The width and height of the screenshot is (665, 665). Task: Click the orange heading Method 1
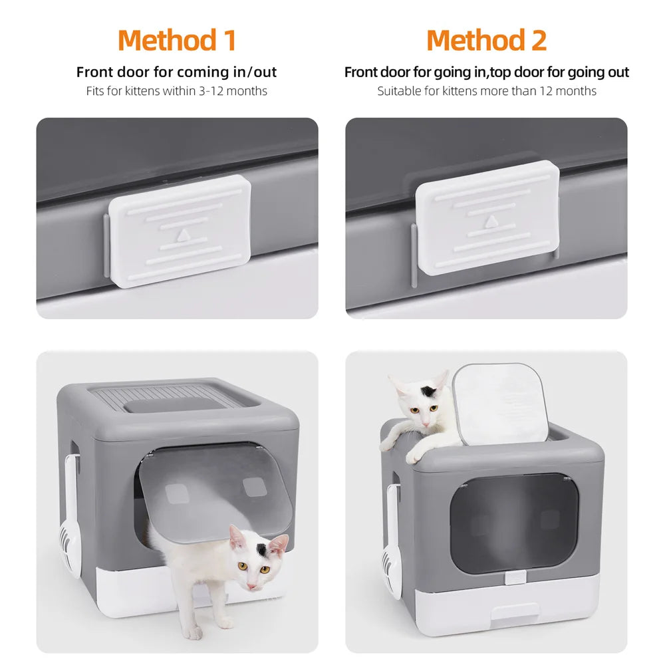click(x=177, y=41)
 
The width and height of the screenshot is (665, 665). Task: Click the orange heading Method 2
click(x=486, y=41)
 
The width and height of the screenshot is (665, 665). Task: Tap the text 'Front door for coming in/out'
click(x=176, y=72)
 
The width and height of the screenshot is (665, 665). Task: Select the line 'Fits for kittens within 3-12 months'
click(x=176, y=91)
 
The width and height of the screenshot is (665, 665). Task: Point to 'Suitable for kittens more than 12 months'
click(x=486, y=91)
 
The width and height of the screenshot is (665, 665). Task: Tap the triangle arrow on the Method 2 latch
click(x=490, y=221)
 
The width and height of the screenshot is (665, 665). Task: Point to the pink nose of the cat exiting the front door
click(x=252, y=584)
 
